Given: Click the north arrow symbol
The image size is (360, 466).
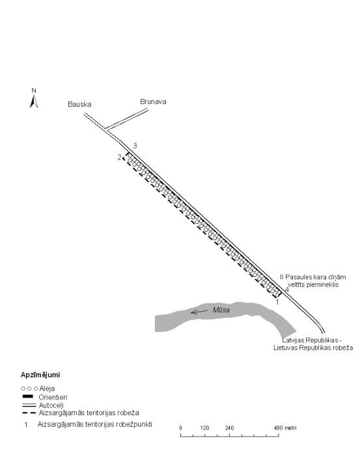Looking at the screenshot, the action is pyautogui.click(x=34, y=101).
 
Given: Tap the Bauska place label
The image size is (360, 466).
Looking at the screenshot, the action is pyautogui.click(x=79, y=104).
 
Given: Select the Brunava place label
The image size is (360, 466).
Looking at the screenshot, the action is pyautogui.click(x=153, y=102).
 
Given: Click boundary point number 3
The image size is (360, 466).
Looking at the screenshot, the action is pyautogui.click(x=135, y=146).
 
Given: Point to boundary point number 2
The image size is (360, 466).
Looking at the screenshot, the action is pyautogui.click(x=119, y=158).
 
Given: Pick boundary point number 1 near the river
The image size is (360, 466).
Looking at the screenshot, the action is pyautogui.click(x=277, y=302).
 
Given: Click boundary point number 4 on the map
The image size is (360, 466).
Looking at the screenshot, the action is pyautogui.click(x=286, y=290).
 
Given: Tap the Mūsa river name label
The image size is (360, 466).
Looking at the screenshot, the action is pyautogui.click(x=221, y=310).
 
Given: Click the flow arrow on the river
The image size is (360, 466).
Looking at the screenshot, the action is pyautogui.click(x=199, y=312).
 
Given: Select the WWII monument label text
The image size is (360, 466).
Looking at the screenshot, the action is pyautogui.click(x=313, y=281).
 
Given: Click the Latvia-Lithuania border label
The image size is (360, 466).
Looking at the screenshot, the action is pyautogui.click(x=313, y=344).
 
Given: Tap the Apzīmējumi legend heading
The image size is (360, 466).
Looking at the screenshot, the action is pyautogui.click(x=40, y=375).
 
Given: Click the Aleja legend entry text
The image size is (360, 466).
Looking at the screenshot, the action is pyautogui.click(x=47, y=389).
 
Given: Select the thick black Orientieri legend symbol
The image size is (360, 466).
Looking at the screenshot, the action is pyautogui.click(x=27, y=396).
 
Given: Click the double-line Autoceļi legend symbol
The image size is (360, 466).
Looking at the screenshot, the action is pyautogui.click(x=29, y=405).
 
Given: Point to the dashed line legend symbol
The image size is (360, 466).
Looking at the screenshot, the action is pyautogui.click(x=29, y=413).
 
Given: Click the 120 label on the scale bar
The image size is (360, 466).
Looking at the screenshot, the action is pyautogui.click(x=205, y=428).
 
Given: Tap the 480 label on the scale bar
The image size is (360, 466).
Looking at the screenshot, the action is pyautogui.click(x=278, y=428).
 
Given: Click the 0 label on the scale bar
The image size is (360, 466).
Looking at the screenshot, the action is pyautogui.click(x=181, y=428).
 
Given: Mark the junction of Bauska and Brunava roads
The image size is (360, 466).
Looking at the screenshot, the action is pyautogui.click(x=105, y=129).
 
